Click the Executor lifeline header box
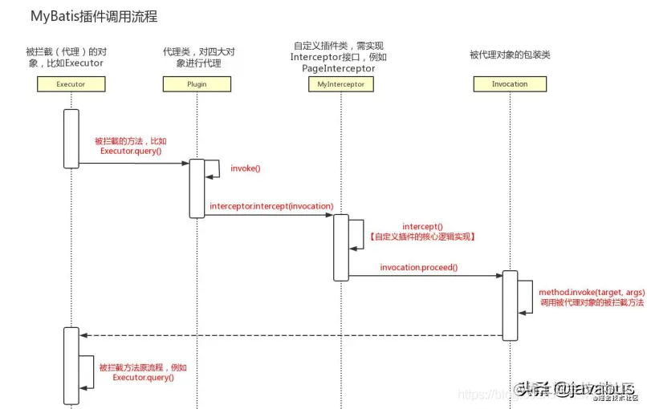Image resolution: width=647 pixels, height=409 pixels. click(71, 83)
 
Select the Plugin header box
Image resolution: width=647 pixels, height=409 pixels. click(197, 83)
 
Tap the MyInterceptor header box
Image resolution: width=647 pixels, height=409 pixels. click(341, 83)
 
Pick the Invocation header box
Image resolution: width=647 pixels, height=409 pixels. click(510, 83)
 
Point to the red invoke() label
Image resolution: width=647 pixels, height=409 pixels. click(246, 168)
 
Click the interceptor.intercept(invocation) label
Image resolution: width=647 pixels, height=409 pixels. click(271, 206)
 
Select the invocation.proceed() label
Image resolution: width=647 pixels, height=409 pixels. click(419, 267)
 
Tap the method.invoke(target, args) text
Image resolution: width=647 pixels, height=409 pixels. click(591, 294)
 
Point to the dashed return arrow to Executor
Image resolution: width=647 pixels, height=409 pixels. click(289, 334)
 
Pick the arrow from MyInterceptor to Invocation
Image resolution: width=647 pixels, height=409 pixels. click(425, 276)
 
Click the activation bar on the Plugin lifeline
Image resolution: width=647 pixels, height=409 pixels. click(197, 188)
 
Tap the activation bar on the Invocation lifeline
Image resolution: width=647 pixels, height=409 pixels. click(510, 306)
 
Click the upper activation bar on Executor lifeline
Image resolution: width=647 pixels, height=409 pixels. click(71, 138)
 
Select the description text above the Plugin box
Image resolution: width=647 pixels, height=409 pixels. click(197, 57)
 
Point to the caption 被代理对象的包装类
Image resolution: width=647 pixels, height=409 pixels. click(509, 55)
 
